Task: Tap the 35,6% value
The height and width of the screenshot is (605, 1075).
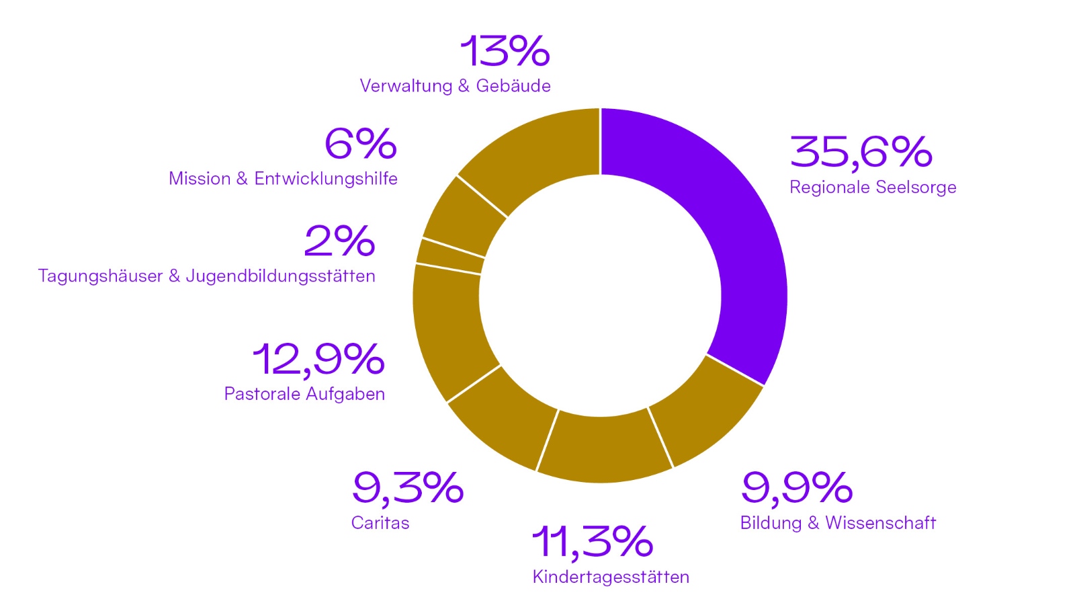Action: pyautogui.click(x=861, y=151)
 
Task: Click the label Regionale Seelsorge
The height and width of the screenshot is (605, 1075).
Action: pyautogui.click(x=872, y=187)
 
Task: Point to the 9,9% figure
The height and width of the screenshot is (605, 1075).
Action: pyautogui.click(x=796, y=487)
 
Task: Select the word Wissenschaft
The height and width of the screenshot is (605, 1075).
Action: pyautogui.click(x=880, y=523)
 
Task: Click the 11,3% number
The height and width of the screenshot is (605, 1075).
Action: pyautogui.click(x=592, y=542)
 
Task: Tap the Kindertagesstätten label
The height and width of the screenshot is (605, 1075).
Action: pyautogui.click(x=610, y=577)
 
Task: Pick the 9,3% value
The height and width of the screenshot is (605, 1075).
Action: pyautogui.click(x=407, y=487)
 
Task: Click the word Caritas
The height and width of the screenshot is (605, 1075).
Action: pyautogui.click(x=380, y=523)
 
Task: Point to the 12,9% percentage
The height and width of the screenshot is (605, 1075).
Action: pyautogui.click(x=318, y=359)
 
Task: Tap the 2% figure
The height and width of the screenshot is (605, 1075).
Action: pyautogui.click(x=339, y=241)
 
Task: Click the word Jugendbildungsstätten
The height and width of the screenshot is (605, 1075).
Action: pyautogui.click(x=280, y=276)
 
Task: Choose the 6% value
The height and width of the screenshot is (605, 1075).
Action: pyautogui.click(x=360, y=144)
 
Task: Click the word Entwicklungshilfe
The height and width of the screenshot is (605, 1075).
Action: pyautogui.click(x=326, y=179)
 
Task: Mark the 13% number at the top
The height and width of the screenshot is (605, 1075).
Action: pyautogui.click(x=505, y=51)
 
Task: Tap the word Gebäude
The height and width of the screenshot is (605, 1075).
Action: pyautogui.click(x=513, y=86)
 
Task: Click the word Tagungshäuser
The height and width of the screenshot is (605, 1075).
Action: pyautogui.click(x=100, y=276)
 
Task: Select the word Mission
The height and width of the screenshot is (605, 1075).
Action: pyautogui.click(x=199, y=179)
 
